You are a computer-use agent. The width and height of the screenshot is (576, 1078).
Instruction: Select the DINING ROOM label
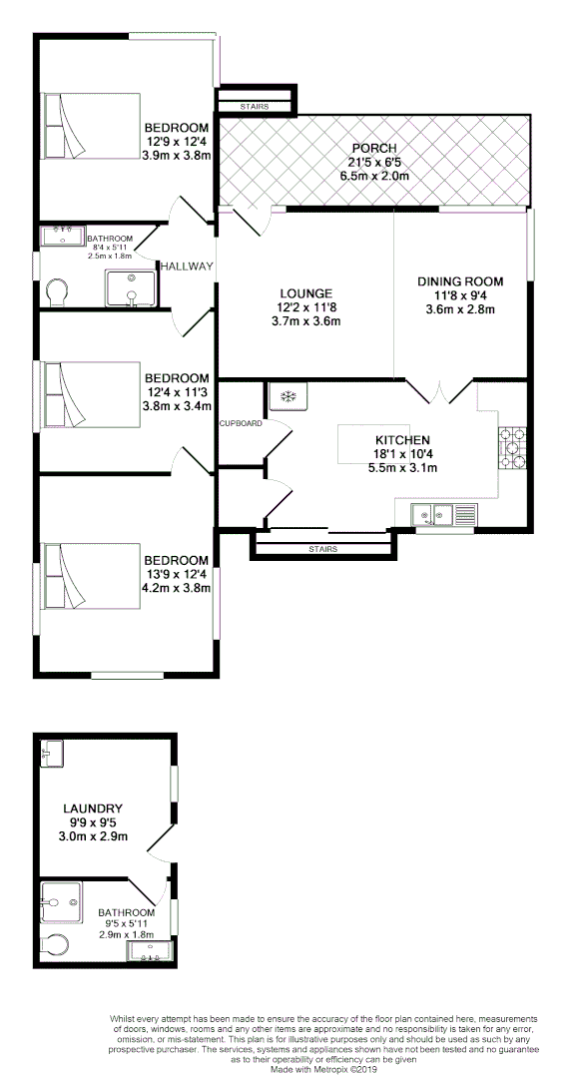point(459,281)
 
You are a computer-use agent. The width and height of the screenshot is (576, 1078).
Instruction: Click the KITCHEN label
point(401,440)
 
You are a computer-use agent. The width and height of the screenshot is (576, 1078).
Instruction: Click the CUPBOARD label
point(242,423)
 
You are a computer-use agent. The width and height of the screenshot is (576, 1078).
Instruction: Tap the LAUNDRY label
point(92,808)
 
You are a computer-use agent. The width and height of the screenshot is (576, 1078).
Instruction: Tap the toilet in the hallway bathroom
point(58,291)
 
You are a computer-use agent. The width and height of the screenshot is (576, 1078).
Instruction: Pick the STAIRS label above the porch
point(255,106)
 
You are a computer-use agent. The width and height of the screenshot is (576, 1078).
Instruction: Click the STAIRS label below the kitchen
point(322,549)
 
